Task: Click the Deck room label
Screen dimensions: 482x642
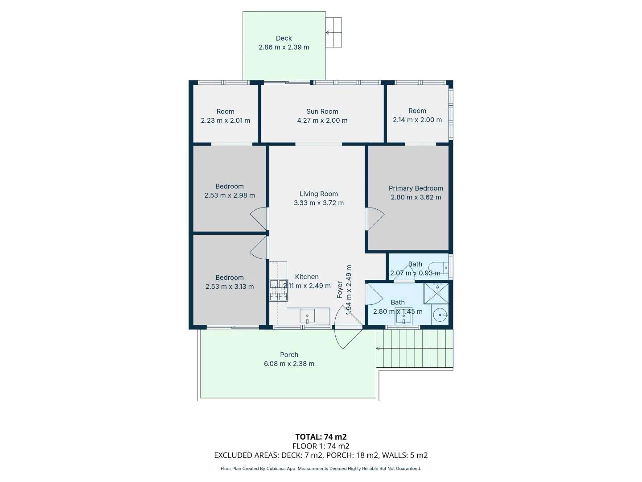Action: pyautogui.click(x=284, y=38)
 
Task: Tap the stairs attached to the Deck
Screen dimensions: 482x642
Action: pyautogui.click(x=333, y=33)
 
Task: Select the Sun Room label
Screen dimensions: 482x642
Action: pyautogui.click(x=322, y=112)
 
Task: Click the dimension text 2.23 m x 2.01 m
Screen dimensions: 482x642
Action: pyautogui.click(x=225, y=120)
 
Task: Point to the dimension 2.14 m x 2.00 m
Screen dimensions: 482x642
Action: pyautogui.click(x=417, y=120)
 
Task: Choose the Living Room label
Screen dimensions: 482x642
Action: pyautogui.click(x=318, y=194)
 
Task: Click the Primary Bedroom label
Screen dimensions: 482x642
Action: pyautogui.click(x=416, y=188)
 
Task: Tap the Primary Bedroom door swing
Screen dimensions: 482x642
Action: pyautogui.click(x=375, y=219)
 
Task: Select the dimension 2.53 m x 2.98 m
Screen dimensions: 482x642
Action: pyautogui.click(x=229, y=195)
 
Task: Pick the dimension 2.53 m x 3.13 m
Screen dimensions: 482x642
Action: pyautogui.click(x=229, y=287)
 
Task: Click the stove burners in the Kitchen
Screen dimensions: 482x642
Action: pyautogui.click(x=278, y=290)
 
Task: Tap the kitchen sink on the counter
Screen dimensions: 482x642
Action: pyautogui.click(x=307, y=316)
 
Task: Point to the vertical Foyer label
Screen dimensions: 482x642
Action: pyautogui.click(x=340, y=290)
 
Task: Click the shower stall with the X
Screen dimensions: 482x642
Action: pyautogui.click(x=436, y=293)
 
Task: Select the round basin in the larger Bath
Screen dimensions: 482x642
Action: pyautogui.click(x=440, y=315)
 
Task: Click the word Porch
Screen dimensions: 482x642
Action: pyautogui.click(x=289, y=355)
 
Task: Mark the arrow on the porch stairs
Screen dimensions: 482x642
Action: pyautogui.click(x=378, y=349)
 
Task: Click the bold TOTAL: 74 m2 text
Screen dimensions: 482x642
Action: pyautogui.click(x=321, y=437)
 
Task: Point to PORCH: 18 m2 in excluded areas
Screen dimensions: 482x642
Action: pyautogui.click(x=352, y=455)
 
